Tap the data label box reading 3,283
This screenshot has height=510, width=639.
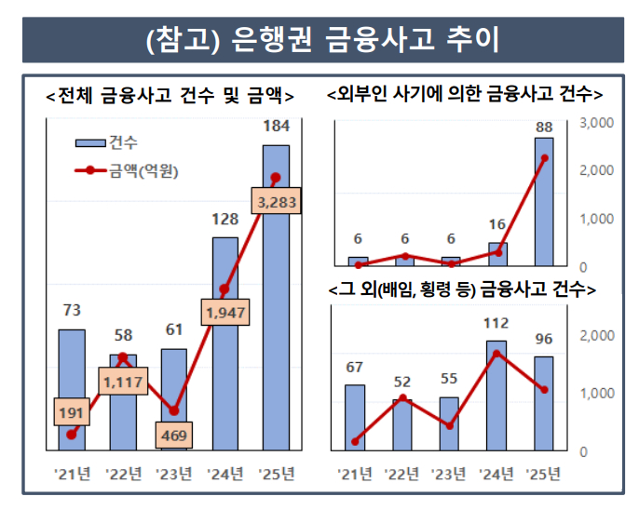277,202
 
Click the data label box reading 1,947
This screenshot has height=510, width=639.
224,313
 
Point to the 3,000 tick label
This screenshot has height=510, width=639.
595,123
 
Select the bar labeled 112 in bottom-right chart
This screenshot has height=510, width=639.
496,396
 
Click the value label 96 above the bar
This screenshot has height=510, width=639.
544,339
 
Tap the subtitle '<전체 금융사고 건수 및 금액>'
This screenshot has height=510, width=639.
170,95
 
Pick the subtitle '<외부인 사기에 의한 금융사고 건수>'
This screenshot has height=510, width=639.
465,95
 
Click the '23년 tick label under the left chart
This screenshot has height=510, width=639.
173,474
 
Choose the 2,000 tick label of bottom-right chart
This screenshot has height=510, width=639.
595,335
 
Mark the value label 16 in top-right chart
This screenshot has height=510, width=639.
496,224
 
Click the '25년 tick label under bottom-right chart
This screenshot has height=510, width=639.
544,474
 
